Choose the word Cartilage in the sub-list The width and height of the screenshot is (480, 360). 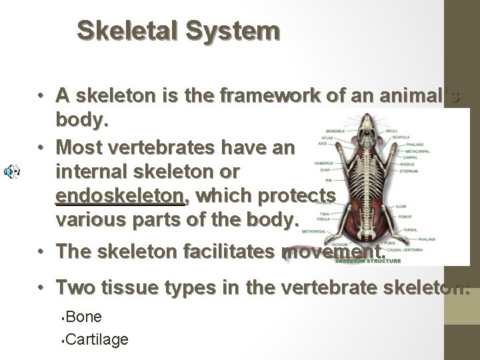pos(97,339)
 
